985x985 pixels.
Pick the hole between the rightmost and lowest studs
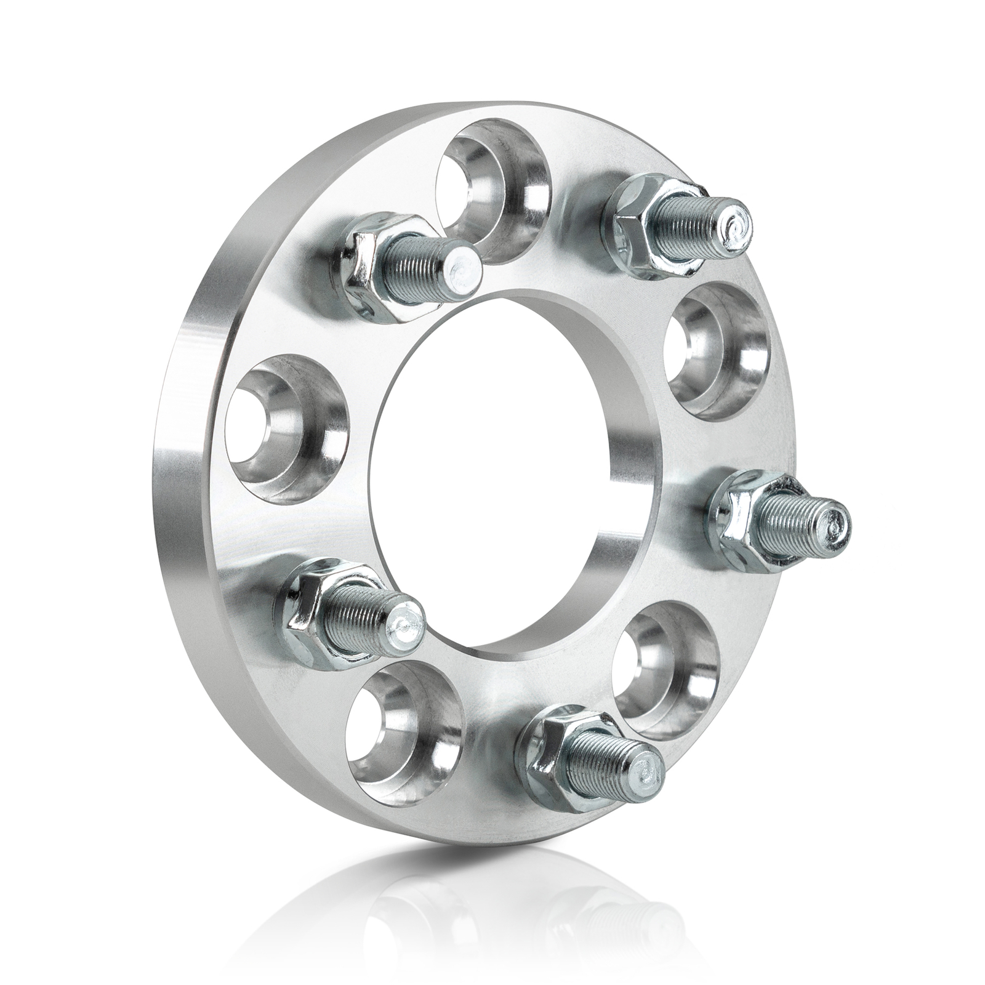tap(665, 671)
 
